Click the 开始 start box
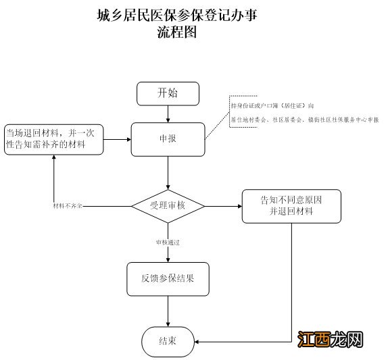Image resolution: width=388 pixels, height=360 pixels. coord(168,93)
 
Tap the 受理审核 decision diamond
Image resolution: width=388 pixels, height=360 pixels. coord(168,205)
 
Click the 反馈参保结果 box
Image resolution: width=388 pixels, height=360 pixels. coord(168,278)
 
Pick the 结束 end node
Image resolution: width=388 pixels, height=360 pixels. coord(168,340)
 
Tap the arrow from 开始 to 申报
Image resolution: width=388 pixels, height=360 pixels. coord(168,114)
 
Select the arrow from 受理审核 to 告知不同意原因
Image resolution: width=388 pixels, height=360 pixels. coord(223,205)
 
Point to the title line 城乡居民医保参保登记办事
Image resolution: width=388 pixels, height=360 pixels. coord(177,14)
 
